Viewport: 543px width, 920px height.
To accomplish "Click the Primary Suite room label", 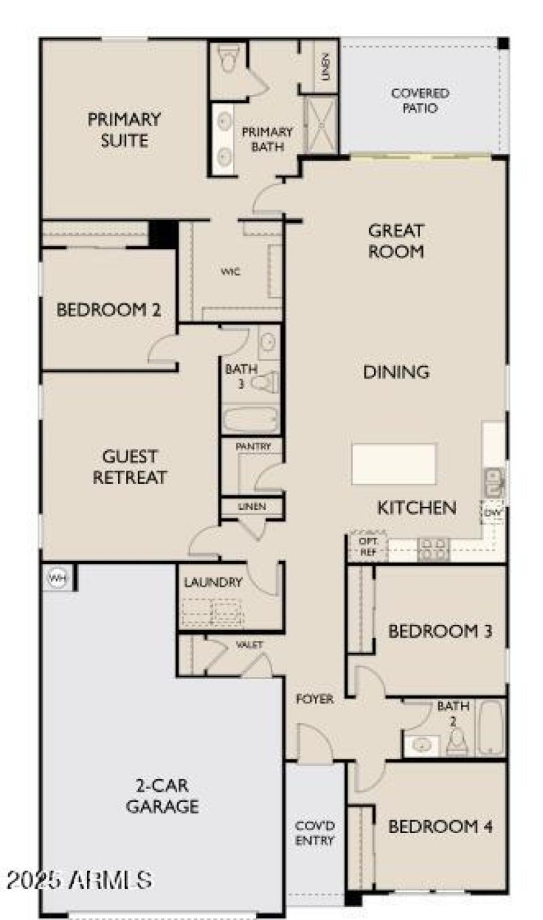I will click(124, 130).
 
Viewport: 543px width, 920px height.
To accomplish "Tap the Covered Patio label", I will click(420, 100).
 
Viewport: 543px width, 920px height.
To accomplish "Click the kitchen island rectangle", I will click(394, 464).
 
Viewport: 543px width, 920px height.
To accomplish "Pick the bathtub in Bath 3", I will click(250, 419).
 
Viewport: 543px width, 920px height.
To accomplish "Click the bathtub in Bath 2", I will click(490, 727).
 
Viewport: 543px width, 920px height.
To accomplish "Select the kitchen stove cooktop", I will click(433, 549).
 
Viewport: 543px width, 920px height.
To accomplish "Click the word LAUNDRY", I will click(213, 582).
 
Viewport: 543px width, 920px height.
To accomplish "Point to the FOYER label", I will click(316, 699).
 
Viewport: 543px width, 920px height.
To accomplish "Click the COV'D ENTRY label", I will click(315, 834).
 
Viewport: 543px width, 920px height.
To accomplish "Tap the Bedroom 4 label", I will click(440, 826).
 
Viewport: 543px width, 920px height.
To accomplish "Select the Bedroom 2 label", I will click(109, 310).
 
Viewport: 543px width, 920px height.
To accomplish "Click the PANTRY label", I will click(253, 446).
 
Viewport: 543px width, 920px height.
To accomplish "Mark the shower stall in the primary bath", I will click(321, 126).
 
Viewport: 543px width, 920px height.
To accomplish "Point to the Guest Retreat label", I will click(130, 467).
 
